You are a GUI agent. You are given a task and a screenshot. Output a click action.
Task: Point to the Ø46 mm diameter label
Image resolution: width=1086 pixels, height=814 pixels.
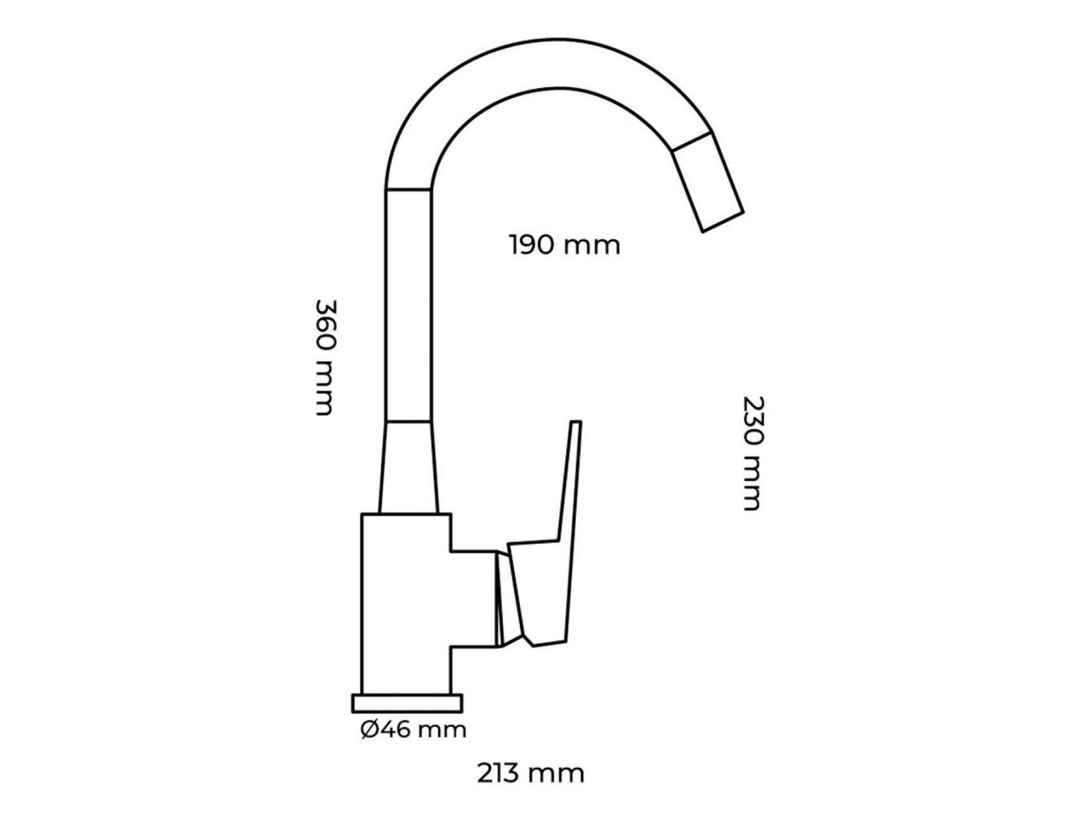point(413,730)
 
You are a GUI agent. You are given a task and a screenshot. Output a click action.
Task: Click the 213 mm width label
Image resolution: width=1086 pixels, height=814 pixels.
point(531,774)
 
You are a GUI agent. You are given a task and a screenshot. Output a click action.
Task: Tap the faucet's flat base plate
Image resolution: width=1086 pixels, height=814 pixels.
point(407,703)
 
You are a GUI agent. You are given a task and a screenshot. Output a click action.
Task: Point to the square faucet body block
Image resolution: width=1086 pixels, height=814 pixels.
point(406,599)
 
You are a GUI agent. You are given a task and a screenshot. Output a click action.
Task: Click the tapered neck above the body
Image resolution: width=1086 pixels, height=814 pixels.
point(409,468)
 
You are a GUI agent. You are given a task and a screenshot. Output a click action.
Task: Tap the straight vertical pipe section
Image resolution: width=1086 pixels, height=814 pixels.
point(409,305)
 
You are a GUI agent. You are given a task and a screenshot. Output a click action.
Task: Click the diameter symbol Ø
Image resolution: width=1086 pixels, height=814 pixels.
point(370,730)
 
